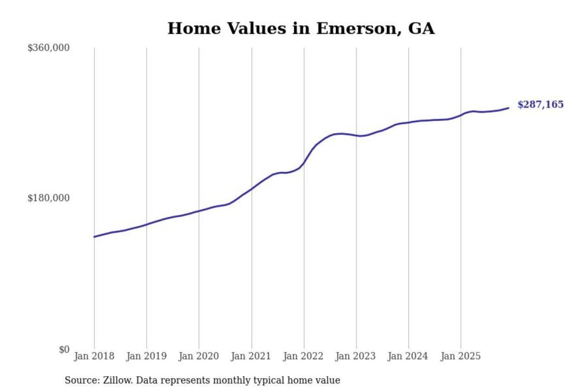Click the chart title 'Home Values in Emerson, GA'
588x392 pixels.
[x=301, y=29]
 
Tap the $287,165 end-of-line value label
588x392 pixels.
[x=540, y=105]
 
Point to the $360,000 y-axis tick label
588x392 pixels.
[x=49, y=48]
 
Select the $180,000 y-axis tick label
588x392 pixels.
[x=49, y=198]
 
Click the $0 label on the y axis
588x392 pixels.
[x=64, y=350]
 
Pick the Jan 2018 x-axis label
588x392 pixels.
[x=94, y=356]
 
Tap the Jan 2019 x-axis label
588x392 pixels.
[x=146, y=356]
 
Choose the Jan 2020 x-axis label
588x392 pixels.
[x=198, y=356]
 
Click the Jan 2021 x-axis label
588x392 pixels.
[x=251, y=356]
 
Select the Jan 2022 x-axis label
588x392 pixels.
[x=303, y=356]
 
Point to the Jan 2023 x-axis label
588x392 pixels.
[x=355, y=356]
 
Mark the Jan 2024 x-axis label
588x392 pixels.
[x=408, y=356]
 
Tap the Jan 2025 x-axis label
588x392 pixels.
[x=460, y=356]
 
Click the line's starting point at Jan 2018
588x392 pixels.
[x=94, y=237]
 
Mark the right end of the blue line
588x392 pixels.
[x=508, y=108]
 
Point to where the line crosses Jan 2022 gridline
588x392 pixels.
[x=304, y=163]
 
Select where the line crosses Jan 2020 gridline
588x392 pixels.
[x=199, y=211]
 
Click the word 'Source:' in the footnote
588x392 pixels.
[x=82, y=381]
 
